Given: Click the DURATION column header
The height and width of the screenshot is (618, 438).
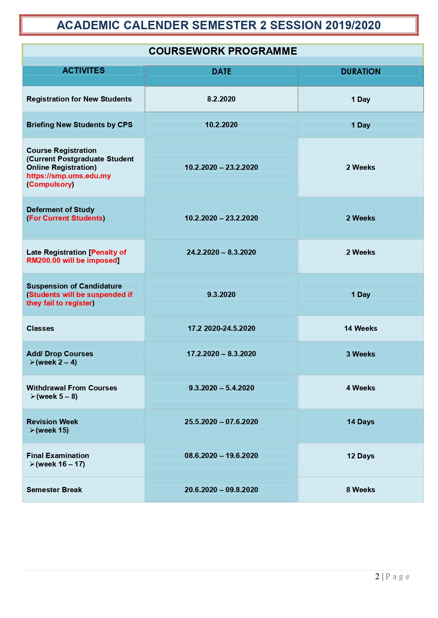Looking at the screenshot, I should click(360, 72).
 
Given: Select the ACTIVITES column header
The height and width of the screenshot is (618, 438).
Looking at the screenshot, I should click(84, 70).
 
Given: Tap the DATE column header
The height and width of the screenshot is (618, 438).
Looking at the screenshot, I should click(221, 72).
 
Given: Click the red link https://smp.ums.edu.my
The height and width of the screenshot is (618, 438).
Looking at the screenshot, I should click(68, 176).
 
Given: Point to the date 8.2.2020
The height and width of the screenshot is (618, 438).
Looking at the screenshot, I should click(221, 99).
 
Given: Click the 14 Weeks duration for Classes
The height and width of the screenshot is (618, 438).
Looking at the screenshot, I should click(360, 328).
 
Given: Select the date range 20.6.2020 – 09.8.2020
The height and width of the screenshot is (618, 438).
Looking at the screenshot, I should click(221, 490).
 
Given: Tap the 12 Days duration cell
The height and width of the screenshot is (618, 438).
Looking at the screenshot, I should click(360, 456).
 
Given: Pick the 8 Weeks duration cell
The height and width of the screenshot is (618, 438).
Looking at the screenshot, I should click(360, 490).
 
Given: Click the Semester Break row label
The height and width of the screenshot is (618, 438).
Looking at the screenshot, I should click(54, 490).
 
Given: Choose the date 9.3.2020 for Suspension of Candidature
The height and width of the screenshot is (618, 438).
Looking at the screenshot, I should click(221, 295).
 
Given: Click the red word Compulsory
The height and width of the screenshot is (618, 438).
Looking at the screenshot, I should click(50, 184).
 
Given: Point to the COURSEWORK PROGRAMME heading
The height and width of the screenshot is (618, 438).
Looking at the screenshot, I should click(223, 51).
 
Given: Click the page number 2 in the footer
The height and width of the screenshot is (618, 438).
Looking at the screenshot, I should click(377, 576).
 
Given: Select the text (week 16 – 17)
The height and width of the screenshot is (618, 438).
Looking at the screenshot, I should click(60, 464).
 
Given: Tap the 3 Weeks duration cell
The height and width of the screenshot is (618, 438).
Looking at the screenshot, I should click(360, 354).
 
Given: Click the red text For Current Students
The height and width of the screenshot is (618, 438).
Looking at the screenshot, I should click(66, 218).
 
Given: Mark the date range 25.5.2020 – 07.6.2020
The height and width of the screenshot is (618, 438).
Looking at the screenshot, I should click(221, 422).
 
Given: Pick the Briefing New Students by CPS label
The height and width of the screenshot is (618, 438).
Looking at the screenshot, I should click(79, 125).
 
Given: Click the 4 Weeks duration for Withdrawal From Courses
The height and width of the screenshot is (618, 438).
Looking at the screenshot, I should click(360, 388).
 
